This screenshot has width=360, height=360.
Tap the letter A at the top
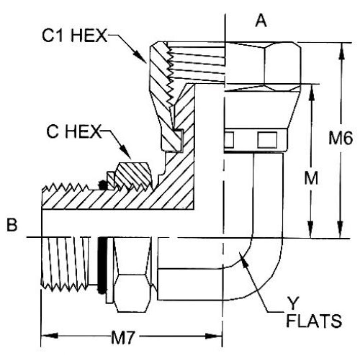(x=261, y=21)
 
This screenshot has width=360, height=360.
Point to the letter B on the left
(x=12, y=226)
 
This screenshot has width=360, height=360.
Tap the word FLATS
(x=314, y=322)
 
